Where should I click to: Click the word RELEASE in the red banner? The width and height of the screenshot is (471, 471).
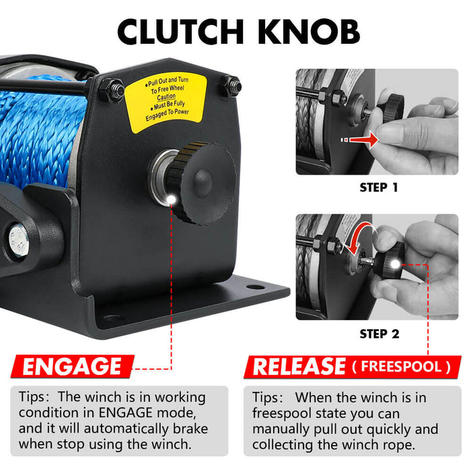tap(299, 367)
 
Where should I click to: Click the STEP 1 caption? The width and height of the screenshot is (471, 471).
tap(379, 187)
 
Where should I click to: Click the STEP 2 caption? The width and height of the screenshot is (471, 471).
tap(379, 333)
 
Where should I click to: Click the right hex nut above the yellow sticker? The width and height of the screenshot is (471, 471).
tap(231, 85)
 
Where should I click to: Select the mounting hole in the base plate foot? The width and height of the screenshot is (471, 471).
tap(255, 287)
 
